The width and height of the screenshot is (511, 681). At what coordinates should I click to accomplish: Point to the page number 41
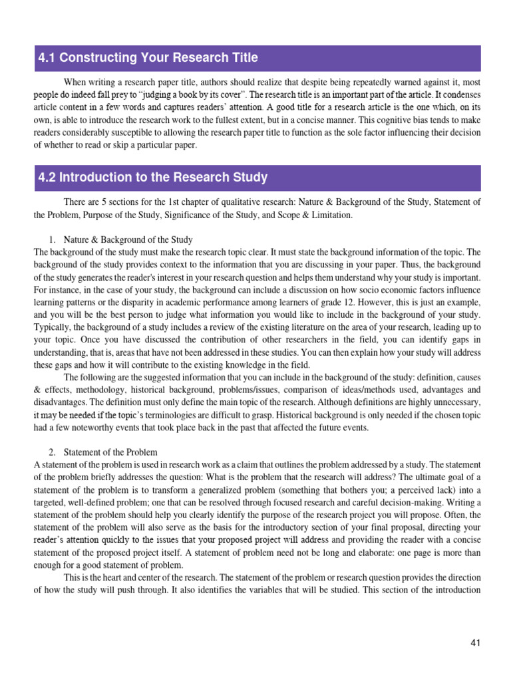tap(475, 642)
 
